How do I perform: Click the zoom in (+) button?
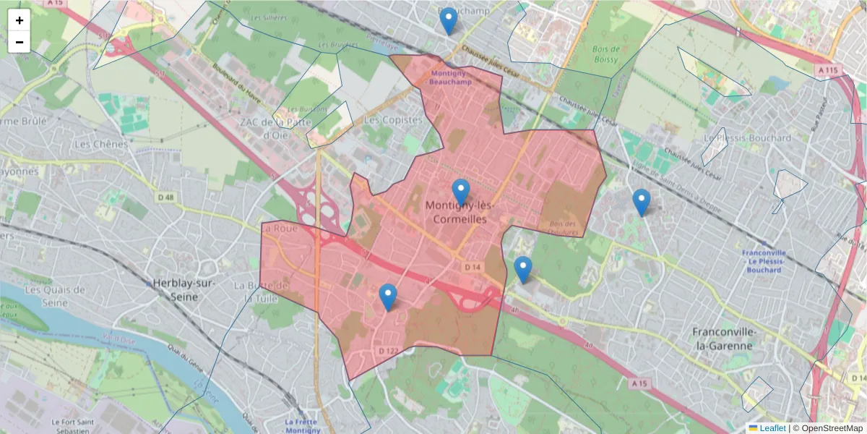click(20, 20)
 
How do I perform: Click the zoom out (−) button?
click(20, 42)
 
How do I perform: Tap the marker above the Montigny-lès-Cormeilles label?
click(461, 192)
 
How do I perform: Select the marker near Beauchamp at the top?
click(449, 21)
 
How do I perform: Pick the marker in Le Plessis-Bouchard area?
click(641, 203)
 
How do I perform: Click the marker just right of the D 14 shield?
click(523, 270)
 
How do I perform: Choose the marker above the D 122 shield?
click(388, 297)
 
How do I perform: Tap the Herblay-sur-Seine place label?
click(185, 284)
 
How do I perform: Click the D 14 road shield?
click(473, 268)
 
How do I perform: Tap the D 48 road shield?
click(165, 197)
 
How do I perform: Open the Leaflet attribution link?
click(772, 428)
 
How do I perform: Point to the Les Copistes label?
click(393, 119)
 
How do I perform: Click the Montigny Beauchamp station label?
click(450, 77)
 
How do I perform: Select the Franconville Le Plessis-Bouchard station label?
click(763, 261)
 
